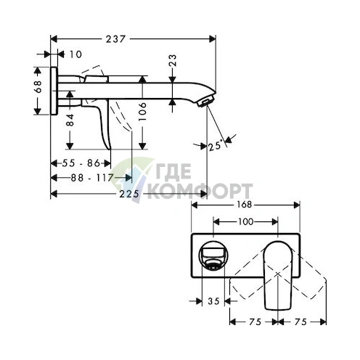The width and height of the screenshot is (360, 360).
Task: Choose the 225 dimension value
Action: click(130, 194)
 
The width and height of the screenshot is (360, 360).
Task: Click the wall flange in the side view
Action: click(55, 90)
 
